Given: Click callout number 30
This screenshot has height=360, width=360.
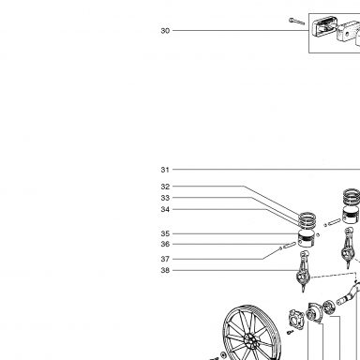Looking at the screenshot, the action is (x=165, y=31).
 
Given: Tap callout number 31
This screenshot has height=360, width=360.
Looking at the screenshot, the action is (x=165, y=170).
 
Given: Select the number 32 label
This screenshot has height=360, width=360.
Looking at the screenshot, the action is (x=165, y=187).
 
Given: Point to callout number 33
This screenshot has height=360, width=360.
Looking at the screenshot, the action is (x=165, y=198).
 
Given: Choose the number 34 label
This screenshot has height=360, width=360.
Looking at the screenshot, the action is (x=165, y=209).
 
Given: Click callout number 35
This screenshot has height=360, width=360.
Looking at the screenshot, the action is (x=165, y=233).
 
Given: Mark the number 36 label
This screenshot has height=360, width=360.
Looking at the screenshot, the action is (x=165, y=244).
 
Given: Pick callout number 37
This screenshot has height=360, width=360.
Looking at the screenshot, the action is (x=165, y=259).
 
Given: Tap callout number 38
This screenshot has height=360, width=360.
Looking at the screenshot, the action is (x=165, y=270).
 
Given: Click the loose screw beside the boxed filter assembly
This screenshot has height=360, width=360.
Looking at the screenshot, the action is (x=296, y=22).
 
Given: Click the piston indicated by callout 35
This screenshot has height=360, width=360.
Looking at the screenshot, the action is (x=307, y=239).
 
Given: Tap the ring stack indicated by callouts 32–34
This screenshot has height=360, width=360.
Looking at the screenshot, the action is (x=307, y=220).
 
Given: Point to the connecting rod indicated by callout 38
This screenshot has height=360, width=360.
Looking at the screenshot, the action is (x=303, y=271).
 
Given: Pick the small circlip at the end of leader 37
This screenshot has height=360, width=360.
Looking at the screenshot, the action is (x=280, y=248).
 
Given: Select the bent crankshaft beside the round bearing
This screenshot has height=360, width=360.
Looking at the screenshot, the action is (x=349, y=294).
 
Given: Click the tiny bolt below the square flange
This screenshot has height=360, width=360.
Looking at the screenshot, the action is (x=291, y=332).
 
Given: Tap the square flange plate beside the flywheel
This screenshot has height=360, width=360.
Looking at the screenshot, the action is (x=295, y=319).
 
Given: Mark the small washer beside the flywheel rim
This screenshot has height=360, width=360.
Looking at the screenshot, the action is (x=224, y=354).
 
